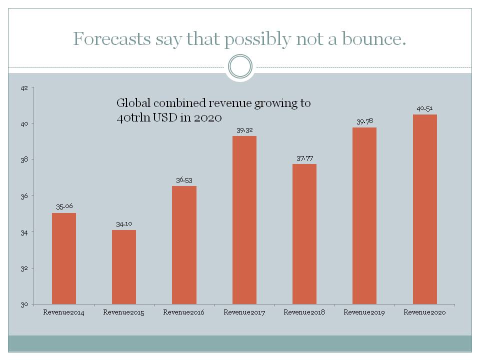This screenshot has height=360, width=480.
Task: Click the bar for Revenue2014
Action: pos(64,258)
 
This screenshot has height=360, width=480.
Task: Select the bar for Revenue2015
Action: pos(124,267)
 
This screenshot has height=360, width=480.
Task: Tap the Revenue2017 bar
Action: pos(244,220)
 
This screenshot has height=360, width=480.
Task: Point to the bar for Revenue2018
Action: pos(304,234)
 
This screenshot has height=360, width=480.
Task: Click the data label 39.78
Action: pos(364,121)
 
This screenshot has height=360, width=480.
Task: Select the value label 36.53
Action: pos(184,179)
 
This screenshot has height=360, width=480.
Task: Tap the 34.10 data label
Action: pos(124,223)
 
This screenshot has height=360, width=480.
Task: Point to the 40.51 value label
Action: pos(424,108)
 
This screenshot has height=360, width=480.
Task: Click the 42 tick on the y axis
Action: pos(24,87)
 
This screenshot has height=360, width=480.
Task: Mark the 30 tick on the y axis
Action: pos(24,304)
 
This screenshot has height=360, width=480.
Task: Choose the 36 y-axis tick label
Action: pos(24,196)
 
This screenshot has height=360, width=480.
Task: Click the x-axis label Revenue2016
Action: pos(184,312)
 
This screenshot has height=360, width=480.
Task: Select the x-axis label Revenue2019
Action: pos(364,312)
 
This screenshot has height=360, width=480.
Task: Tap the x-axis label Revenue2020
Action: pos(424,312)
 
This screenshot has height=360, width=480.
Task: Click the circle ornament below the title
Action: pos(240,66)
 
